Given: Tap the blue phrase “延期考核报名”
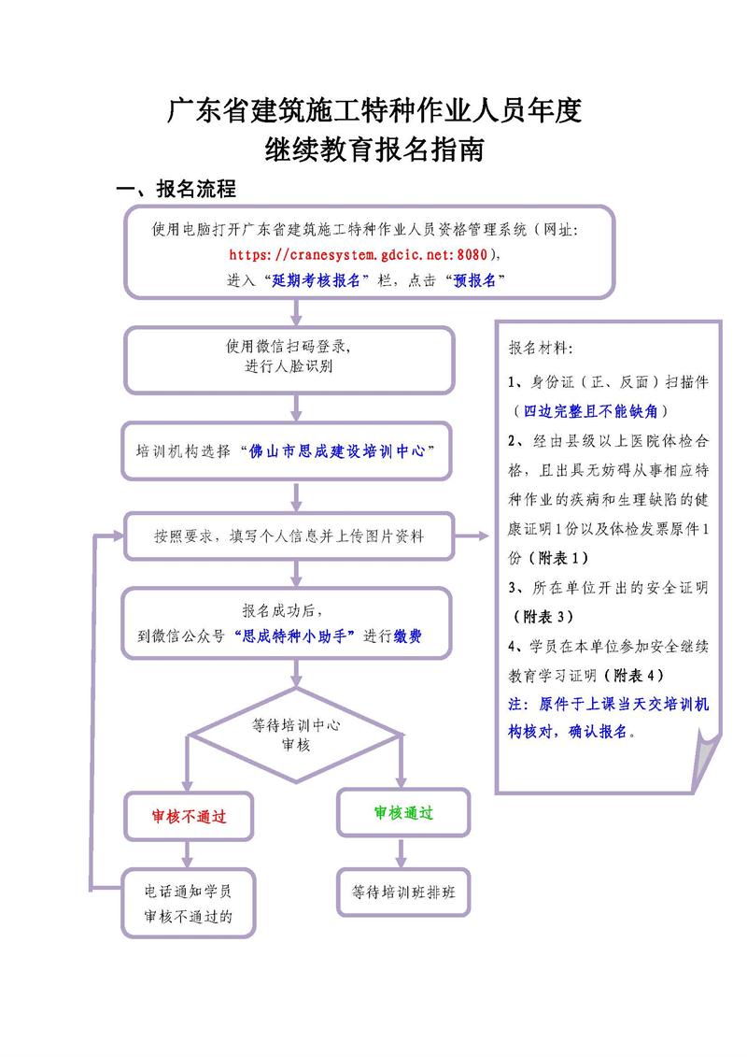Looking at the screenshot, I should [x=317, y=280].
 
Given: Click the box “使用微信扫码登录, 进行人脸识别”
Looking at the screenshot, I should [x=289, y=357].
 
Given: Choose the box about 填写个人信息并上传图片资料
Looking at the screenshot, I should [x=289, y=536].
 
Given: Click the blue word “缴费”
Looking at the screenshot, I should [x=407, y=636].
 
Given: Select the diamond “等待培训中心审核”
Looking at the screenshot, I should [x=296, y=735].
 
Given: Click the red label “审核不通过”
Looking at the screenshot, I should [x=190, y=816].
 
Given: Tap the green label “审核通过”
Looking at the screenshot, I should [x=403, y=813].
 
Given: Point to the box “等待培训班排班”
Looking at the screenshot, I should [x=403, y=892].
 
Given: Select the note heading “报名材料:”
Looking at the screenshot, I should [x=542, y=349].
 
